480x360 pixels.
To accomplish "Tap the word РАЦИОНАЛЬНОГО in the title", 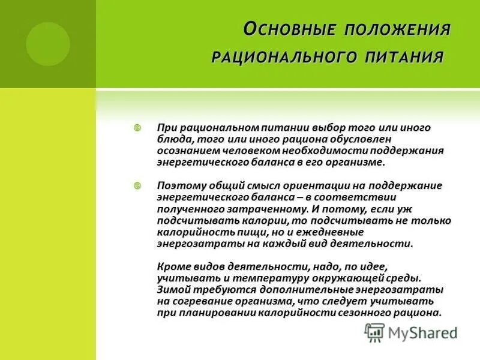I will pos(283,58).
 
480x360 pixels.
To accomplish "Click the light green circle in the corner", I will pos(47,43).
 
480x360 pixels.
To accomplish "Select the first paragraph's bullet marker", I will pos(137,128).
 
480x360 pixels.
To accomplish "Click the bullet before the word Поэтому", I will pos(137,186).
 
